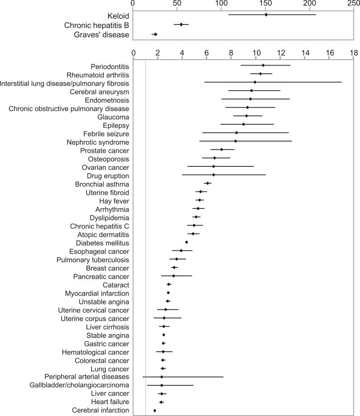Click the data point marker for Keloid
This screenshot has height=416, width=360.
[x=266, y=14]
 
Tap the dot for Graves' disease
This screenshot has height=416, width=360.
[x=155, y=34]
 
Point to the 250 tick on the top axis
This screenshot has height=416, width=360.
[x=354, y=3]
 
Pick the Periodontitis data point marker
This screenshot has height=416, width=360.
[x=263, y=65]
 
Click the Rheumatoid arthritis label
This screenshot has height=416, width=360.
[x=98, y=75]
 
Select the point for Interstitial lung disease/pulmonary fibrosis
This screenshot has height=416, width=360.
[x=255, y=82]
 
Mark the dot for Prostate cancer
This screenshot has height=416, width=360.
[x=221, y=149]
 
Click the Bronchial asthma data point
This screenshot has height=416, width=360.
[x=208, y=183]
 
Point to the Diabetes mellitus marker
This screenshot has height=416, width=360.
[x=186, y=242]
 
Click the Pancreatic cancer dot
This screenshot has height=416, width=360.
[x=174, y=276]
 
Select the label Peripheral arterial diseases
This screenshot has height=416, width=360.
[x=87, y=376]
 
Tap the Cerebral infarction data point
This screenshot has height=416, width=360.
[x=155, y=410]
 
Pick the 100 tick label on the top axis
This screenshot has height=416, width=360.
[x=221, y=3]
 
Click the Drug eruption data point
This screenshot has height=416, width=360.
[x=213, y=175]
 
